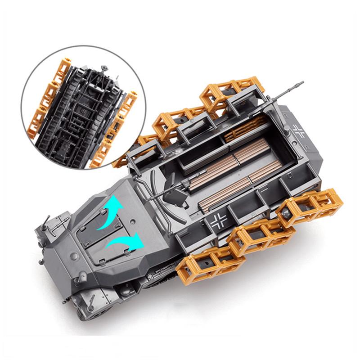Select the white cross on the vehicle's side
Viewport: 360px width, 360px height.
pyautogui.click(x=219, y=221)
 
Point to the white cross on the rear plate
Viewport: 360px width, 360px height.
pyautogui.click(x=298, y=131)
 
